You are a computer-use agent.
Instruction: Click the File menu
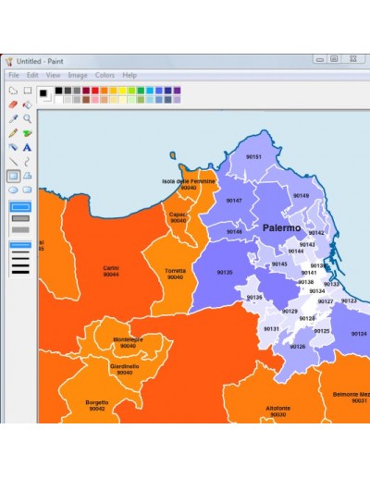pos(14,75)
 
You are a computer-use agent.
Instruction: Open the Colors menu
pos(105,75)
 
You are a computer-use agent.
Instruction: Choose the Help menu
pos(129,75)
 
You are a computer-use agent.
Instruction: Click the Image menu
pos(78,75)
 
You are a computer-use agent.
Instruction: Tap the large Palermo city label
pos(281,227)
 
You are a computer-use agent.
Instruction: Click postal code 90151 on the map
pos(253,157)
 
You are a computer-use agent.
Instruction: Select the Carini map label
pos(111,271)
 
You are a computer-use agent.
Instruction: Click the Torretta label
pos(175,274)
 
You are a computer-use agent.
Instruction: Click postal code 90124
pos(359,334)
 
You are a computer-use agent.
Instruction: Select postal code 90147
pos(234,201)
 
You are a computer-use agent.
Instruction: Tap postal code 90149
pos(301,196)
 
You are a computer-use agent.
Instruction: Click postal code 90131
pos(271,329)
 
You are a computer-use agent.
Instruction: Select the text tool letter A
pos(28,147)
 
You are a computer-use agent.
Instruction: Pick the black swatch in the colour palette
pos(58,91)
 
